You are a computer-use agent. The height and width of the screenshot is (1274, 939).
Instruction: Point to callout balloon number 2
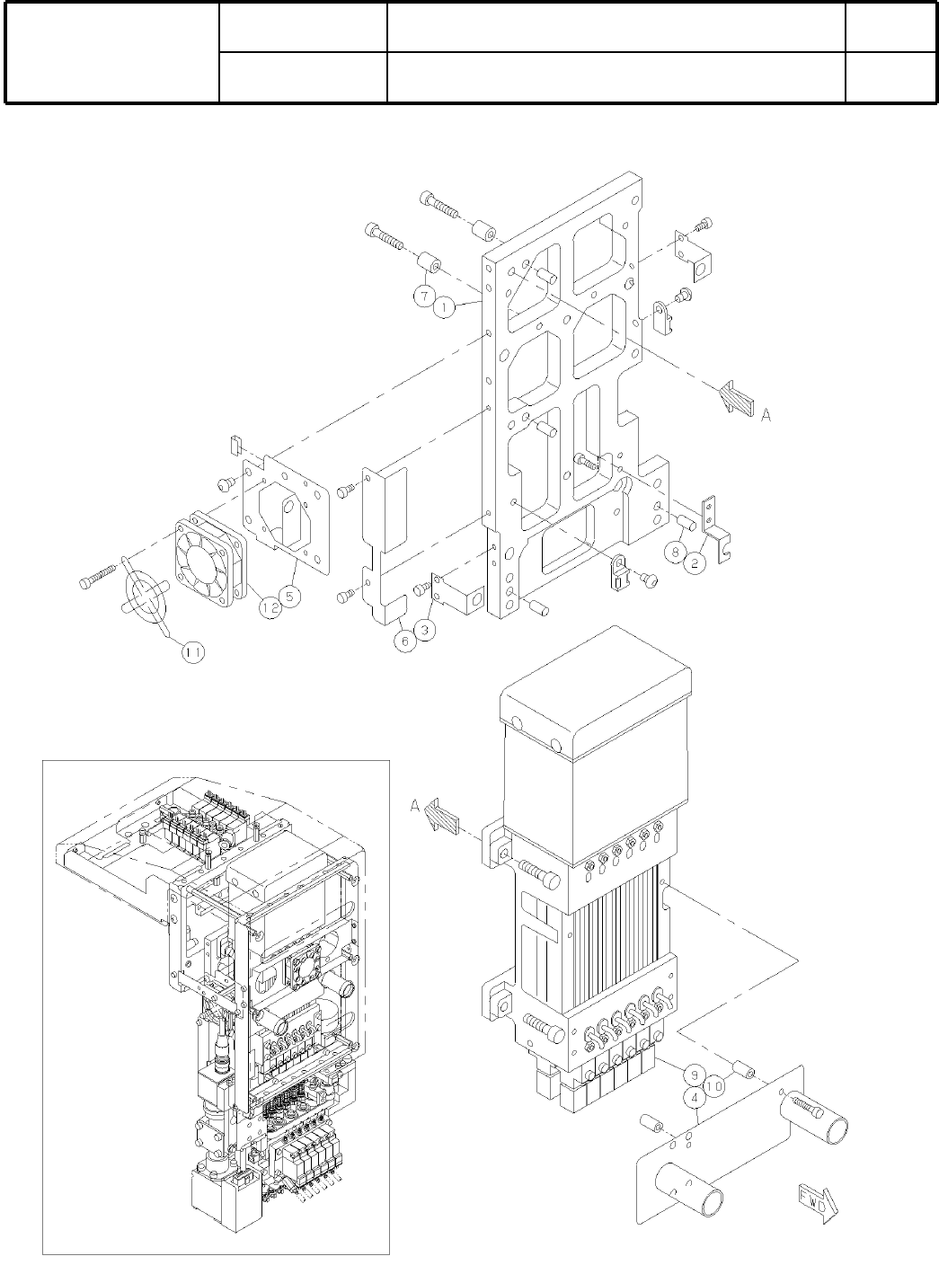(x=695, y=563)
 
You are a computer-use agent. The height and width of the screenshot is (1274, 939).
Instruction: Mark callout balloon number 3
(x=426, y=630)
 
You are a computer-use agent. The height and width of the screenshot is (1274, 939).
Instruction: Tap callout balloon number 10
(x=713, y=1086)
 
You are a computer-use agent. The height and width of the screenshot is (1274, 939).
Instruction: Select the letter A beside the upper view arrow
(x=766, y=415)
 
